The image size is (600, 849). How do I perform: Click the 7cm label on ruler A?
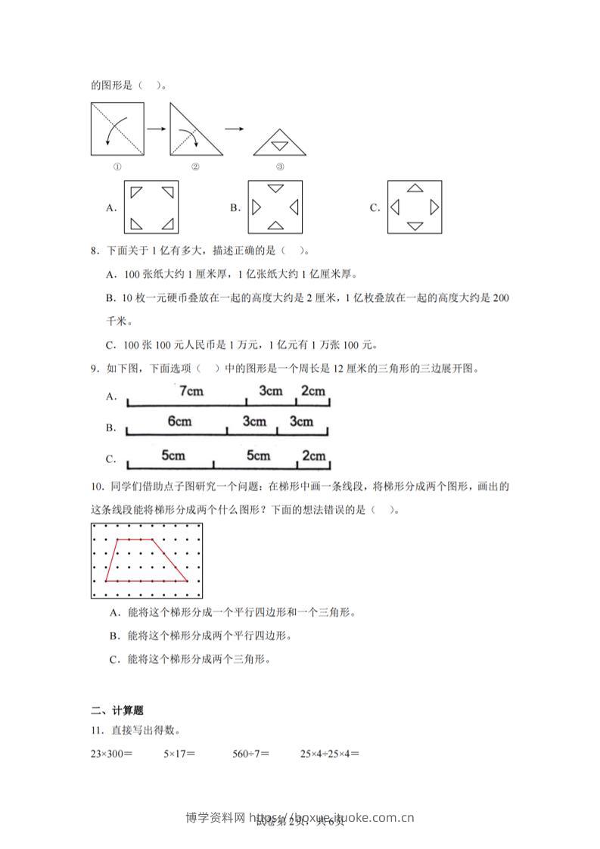191,390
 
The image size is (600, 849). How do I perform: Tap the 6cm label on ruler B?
179,421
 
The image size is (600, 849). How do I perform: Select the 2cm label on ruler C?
312,456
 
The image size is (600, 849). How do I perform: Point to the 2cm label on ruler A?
312,390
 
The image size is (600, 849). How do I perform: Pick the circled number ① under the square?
117,167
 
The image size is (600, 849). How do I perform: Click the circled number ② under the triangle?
195,167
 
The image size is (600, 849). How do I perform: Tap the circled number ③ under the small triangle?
279,167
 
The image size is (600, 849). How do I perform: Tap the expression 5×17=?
179,754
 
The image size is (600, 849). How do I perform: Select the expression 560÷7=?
251,754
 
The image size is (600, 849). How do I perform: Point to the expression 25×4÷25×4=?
329,754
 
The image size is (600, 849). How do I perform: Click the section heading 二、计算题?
117,711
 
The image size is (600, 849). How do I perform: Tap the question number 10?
96,487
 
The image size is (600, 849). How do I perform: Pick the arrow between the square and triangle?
156,129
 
